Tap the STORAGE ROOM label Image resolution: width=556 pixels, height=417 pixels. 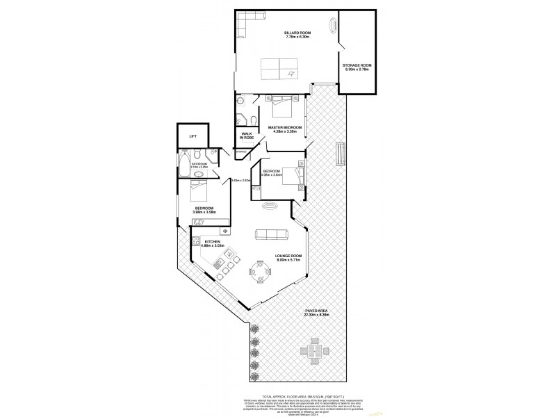coord(357,68)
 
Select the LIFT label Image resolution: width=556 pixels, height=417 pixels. coord(193,136)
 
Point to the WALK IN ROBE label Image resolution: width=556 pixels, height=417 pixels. coord(247,136)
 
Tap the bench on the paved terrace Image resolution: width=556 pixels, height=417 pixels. coord(340,153)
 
